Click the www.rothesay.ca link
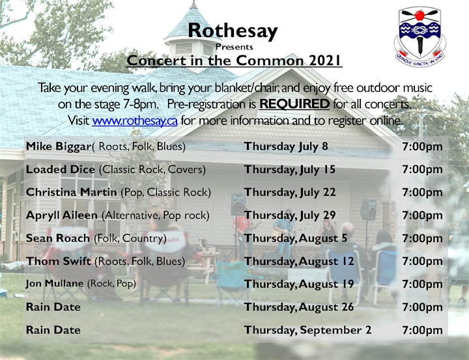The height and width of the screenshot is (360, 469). (135, 121)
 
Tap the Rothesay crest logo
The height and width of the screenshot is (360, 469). (419, 36)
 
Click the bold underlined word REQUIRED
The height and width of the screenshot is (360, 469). (294, 104)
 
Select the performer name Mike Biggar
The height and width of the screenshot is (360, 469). (59, 146)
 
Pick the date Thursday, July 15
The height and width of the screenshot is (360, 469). (290, 169)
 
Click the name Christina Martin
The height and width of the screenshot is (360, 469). (71, 192)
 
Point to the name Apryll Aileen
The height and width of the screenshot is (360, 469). (62, 215)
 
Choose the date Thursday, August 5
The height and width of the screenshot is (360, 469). (296, 238)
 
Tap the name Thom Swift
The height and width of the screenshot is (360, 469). (59, 261)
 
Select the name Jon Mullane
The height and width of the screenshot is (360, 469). (55, 283)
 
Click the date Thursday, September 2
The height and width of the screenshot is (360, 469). (307, 330)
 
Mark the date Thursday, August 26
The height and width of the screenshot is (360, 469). (299, 307)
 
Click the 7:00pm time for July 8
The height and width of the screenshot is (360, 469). (422, 146)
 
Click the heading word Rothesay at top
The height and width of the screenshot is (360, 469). (233, 31)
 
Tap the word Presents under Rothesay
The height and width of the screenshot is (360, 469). (234, 47)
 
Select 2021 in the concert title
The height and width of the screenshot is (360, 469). (325, 61)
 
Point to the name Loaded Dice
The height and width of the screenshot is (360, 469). (60, 169)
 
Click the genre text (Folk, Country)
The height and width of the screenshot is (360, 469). (130, 238)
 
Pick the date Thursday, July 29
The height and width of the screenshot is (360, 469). (290, 215)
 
